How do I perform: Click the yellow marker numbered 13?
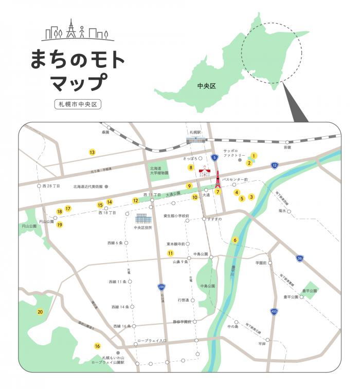point(92,152)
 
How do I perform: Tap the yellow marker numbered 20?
point(40,312)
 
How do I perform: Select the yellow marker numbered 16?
point(97,346)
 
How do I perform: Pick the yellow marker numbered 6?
point(235,240)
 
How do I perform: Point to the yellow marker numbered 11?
point(170,253)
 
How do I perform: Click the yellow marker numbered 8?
point(190,168)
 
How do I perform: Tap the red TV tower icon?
point(218,179)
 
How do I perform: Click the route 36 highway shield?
point(300,258)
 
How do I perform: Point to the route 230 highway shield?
point(161,287)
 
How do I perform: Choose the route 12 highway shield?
point(275,165)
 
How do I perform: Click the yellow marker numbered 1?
point(254,155)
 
